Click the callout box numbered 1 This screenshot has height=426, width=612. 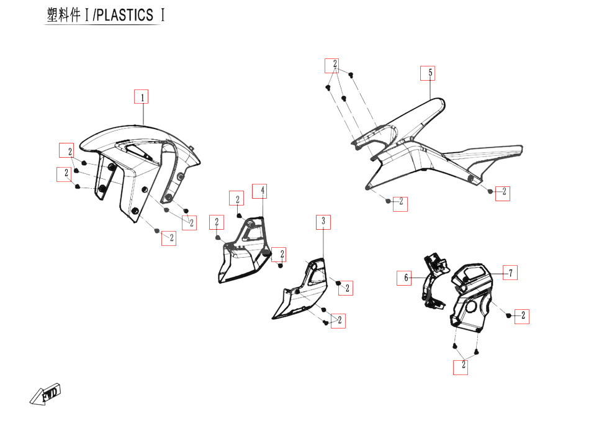click(x=142, y=97)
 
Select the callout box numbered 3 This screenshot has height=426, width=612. click(x=323, y=221)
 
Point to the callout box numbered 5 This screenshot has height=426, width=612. click(x=427, y=73)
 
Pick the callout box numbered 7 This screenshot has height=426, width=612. click(x=510, y=273)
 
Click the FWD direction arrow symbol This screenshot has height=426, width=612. click(x=45, y=395)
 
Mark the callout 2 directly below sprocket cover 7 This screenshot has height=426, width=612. click(x=462, y=366)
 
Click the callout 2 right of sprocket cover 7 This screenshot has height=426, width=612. click(x=523, y=316)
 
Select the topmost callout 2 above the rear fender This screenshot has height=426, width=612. click(x=335, y=65)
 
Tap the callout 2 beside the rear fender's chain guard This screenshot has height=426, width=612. click(x=504, y=192)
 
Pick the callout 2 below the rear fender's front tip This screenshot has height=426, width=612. click(x=401, y=202)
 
